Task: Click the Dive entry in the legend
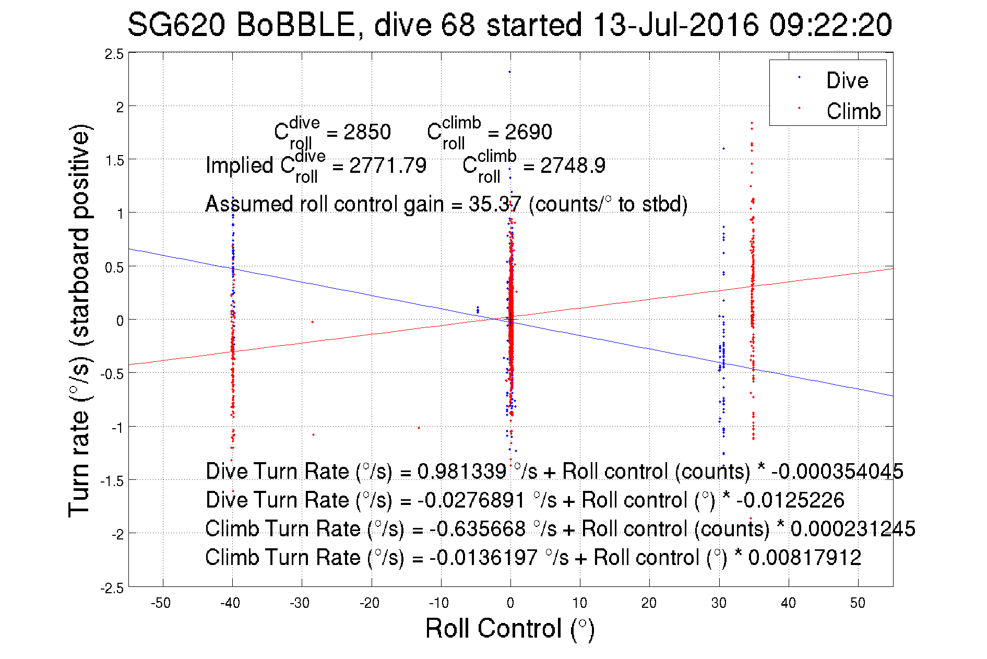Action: tap(847, 80)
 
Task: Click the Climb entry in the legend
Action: tap(853, 111)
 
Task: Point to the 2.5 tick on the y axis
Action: tap(114, 54)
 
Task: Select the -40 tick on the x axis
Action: tap(230, 603)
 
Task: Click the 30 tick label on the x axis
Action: tap(719, 603)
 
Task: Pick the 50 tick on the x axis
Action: tap(858, 603)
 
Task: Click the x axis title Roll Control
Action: tap(509, 628)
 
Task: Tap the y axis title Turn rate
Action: tap(80, 321)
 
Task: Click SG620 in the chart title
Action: tap(176, 25)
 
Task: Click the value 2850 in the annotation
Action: tap(367, 132)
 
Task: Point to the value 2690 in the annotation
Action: tap(528, 132)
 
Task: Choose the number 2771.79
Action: tap(387, 166)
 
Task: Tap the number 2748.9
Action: tap(573, 166)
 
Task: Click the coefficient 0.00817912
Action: tap(804, 558)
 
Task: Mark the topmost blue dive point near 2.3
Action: tap(509, 72)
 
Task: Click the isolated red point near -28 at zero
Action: tap(312, 322)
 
